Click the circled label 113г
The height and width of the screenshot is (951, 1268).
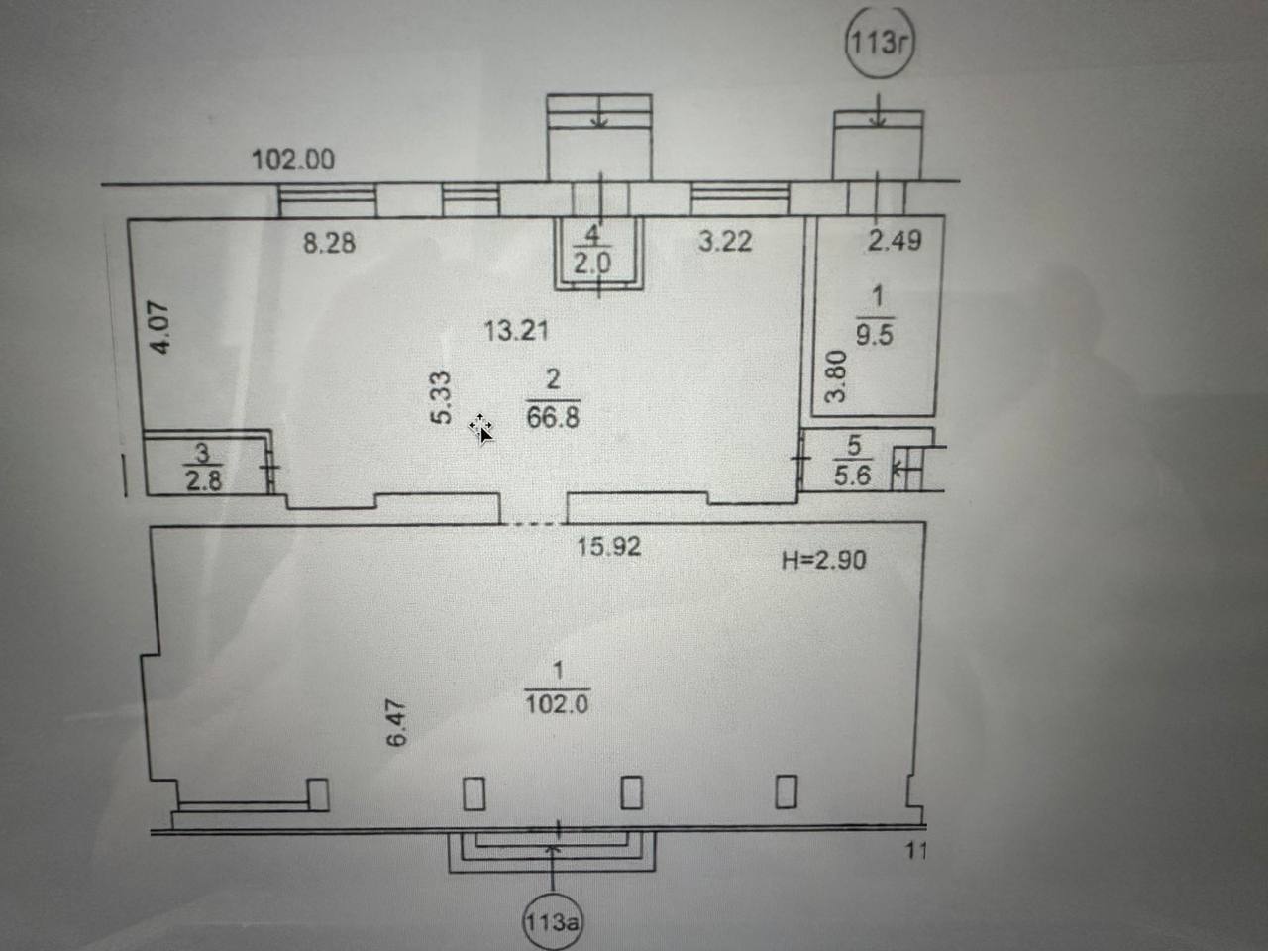[x=879, y=44]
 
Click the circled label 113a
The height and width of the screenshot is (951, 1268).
[x=552, y=921]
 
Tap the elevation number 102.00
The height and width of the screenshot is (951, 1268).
[x=293, y=159]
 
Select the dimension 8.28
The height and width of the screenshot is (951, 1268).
[x=329, y=242]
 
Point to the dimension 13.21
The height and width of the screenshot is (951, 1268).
[x=516, y=330]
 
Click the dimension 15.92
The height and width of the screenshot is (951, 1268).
[x=609, y=546]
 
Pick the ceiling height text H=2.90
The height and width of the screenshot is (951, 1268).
[x=823, y=560]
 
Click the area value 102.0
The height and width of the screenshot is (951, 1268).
[x=557, y=704]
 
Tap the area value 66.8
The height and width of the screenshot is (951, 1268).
[x=553, y=417]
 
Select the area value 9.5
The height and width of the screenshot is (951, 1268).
[x=874, y=335]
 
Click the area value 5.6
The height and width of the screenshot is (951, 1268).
[x=852, y=475]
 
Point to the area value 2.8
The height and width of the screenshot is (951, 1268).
[x=203, y=480]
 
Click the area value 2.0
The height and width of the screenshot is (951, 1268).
[x=593, y=264]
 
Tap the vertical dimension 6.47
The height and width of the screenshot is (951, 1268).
[x=397, y=723]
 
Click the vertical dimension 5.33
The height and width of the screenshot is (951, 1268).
[x=442, y=397]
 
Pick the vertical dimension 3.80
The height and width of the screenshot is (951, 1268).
[x=837, y=375]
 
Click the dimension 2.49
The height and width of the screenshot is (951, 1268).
[x=895, y=240]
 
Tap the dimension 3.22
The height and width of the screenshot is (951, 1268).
[x=725, y=241]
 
